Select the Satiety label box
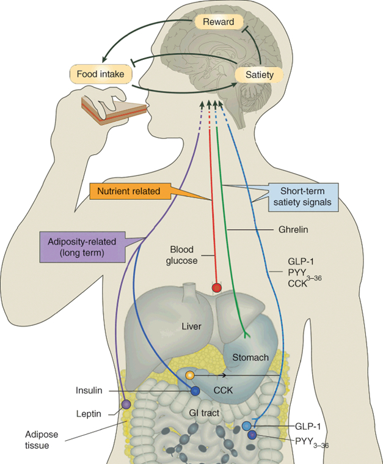tap(260, 75)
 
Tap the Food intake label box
tap(101, 75)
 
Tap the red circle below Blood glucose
tap(216, 287)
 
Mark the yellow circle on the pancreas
tap(189, 375)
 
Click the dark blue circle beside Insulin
tap(195, 391)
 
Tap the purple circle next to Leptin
tap(126, 404)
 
